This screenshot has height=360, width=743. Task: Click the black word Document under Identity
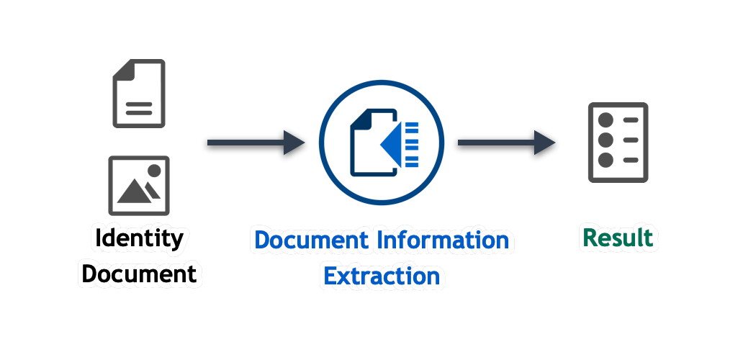(x=140, y=274)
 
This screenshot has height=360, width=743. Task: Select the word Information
(x=443, y=240)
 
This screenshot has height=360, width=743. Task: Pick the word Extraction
(x=382, y=276)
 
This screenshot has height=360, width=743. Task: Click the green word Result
(x=618, y=238)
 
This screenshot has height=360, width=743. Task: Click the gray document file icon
(x=139, y=94)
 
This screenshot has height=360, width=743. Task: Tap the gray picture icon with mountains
(x=139, y=185)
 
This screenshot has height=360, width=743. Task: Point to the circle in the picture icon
(x=154, y=171)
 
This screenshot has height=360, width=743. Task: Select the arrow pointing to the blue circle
(x=256, y=142)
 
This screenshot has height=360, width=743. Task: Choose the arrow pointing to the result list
(x=506, y=142)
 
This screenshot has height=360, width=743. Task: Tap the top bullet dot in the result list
(x=605, y=120)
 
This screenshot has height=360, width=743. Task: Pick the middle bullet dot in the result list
(x=605, y=140)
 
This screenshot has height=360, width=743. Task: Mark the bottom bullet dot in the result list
(x=605, y=160)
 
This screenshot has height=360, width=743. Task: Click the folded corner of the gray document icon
(x=122, y=69)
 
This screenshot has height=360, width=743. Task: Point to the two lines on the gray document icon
(x=139, y=109)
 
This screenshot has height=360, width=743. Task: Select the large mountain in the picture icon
(x=134, y=191)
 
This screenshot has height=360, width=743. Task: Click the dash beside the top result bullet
(x=631, y=120)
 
